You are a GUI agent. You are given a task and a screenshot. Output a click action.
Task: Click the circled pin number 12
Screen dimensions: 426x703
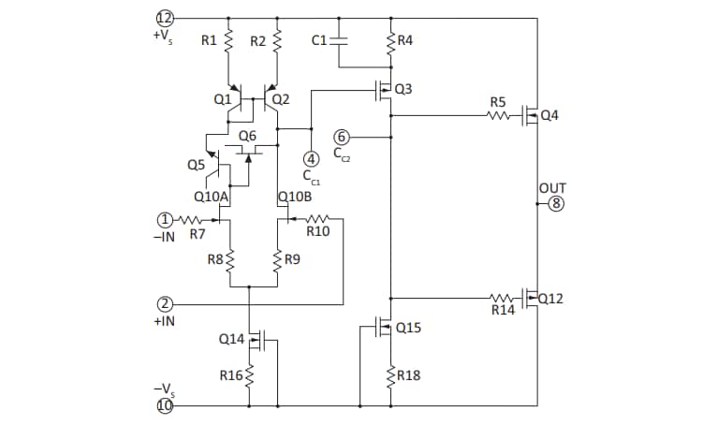pyautogui.click(x=165, y=18)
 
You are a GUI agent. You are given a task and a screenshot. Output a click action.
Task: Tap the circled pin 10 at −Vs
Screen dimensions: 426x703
pyautogui.click(x=165, y=406)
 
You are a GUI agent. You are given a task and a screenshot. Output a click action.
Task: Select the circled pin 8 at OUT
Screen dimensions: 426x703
pyautogui.click(x=557, y=204)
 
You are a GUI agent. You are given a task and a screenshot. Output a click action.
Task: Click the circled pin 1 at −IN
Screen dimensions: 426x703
pyautogui.click(x=165, y=220)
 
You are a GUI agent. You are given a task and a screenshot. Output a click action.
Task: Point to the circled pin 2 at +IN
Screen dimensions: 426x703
pyautogui.click(x=165, y=304)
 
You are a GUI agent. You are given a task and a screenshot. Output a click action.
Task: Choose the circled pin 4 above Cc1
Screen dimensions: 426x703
pyautogui.click(x=310, y=158)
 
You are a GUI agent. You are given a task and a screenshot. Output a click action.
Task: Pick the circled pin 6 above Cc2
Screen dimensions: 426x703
pyautogui.click(x=342, y=137)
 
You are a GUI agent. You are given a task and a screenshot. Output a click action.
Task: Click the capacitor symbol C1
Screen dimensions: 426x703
pyautogui.click(x=340, y=40)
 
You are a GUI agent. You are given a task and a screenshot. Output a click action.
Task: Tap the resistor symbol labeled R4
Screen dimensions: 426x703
pyautogui.click(x=390, y=40)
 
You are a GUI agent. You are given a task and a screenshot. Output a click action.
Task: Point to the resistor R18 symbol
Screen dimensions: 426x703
pyautogui.click(x=390, y=375)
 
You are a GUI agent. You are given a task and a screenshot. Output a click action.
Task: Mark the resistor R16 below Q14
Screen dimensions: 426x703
pyautogui.click(x=250, y=375)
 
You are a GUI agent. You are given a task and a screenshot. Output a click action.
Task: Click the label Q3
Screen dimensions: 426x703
pyautogui.click(x=403, y=89)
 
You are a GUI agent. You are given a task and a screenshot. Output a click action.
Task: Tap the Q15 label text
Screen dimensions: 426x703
pyautogui.click(x=408, y=328)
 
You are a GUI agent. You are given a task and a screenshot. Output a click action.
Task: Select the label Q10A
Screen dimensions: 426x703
pyautogui.click(x=211, y=197)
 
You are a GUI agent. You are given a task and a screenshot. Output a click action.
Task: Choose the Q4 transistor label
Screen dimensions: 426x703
pyautogui.click(x=549, y=116)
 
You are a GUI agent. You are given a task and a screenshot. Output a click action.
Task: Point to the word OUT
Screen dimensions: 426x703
pyautogui.click(x=550, y=188)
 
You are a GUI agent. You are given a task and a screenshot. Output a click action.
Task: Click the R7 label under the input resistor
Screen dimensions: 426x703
pyautogui.click(x=198, y=234)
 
